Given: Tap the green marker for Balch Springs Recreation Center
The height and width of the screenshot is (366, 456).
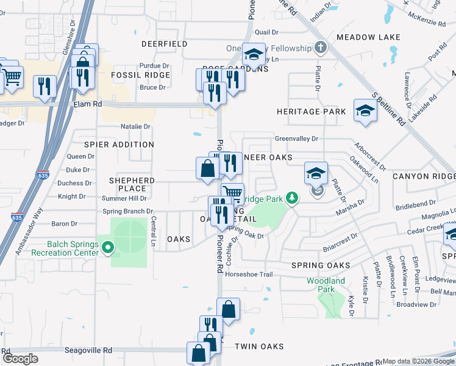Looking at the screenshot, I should pyautogui.click(x=108, y=248).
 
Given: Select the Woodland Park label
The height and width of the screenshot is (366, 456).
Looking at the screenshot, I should pyautogui.click(x=326, y=285).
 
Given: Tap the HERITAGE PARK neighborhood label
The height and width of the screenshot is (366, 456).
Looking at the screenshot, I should pyautogui.click(x=311, y=112).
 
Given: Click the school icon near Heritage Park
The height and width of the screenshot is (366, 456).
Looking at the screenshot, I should pyautogui.click(x=365, y=111).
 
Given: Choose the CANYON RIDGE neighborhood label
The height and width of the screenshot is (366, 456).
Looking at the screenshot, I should pyautogui.click(x=424, y=176).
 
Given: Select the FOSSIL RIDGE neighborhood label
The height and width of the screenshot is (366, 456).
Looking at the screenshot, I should pyautogui.click(x=140, y=75).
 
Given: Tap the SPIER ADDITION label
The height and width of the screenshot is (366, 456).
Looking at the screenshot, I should pyautogui.click(x=119, y=145).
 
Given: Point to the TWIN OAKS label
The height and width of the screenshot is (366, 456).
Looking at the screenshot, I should pyautogui.click(x=259, y=346).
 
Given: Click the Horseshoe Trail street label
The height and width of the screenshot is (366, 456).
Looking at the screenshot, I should pyautogui.click(x=249, y=274).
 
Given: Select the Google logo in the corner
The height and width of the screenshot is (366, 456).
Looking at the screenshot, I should pyautogui.click(x=21, y=359).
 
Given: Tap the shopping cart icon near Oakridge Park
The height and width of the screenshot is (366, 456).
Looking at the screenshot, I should pyautogui.click(x=232, y=193).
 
